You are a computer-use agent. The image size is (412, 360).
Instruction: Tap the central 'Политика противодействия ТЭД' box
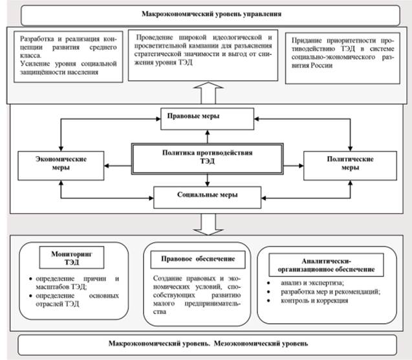(207, 157)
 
